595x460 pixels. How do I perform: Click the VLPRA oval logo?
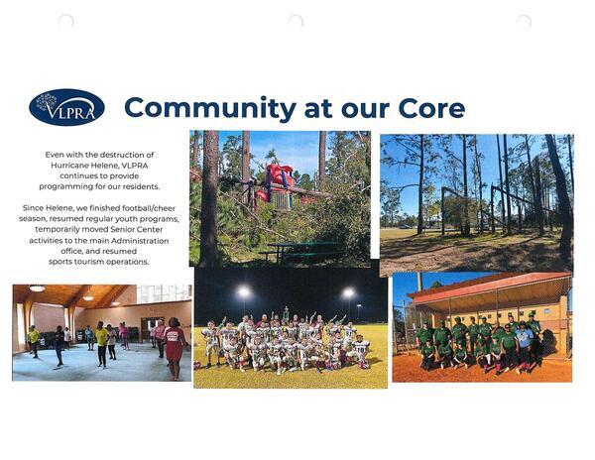[x=66, y=107]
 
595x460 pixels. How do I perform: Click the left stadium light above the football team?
[x=244, y=292]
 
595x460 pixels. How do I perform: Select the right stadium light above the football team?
[x=348, y=292]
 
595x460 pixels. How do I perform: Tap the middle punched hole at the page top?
[x=296, y=21]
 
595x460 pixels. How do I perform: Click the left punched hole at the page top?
[x=66, y=21]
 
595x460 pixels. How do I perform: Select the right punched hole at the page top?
[x=524, y=21]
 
